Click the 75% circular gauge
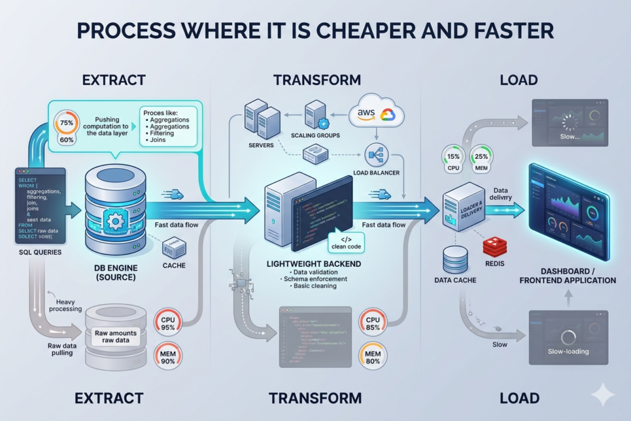pos(66,124)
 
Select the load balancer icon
pos(375,154)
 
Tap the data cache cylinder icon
pos(455,260)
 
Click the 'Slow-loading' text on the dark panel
pos(569,351)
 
